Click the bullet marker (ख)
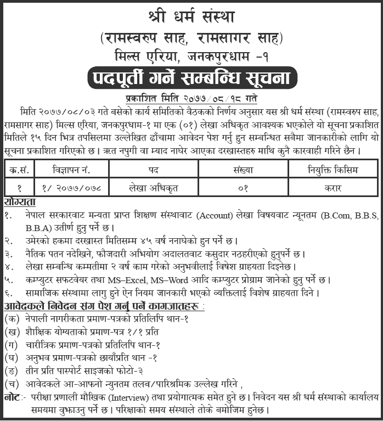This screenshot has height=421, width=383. [10, 332]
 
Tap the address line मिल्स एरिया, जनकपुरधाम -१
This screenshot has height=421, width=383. [191, 56]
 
